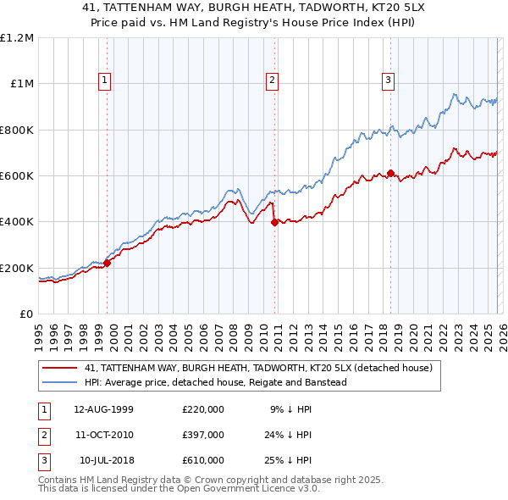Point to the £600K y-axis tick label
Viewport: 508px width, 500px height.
point(17,176)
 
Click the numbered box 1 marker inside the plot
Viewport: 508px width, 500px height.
point(104,81)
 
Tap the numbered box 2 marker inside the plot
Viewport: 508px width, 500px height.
point(272,81)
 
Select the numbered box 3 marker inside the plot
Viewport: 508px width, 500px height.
point(388,81)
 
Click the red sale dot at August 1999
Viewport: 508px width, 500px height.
point(108,263)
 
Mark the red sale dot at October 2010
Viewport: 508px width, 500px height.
point(274,223)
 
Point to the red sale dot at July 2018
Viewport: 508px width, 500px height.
point(390,173)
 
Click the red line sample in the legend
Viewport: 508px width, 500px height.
point(61,368)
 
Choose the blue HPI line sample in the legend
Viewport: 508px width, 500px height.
point(61,383)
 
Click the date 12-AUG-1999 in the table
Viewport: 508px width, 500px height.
point(103,409)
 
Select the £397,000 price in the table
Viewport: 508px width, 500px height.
point(203,435)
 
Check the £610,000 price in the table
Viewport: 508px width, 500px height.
point(203,460)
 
